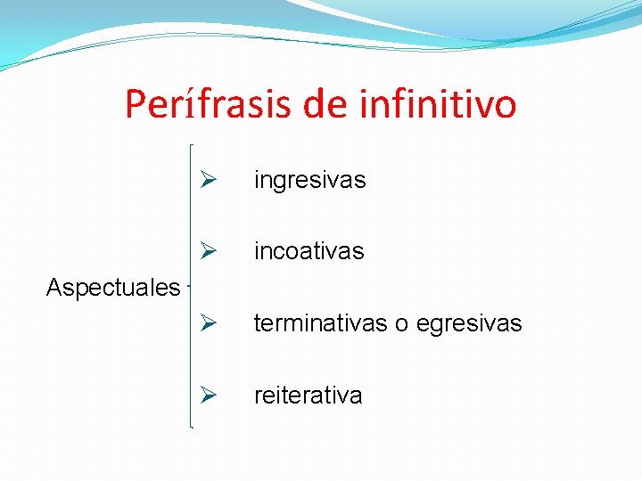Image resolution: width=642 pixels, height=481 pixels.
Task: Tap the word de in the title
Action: [325, 104]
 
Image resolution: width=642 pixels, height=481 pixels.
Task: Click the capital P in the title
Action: [136, 104]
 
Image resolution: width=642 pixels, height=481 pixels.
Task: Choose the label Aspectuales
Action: [112, 287]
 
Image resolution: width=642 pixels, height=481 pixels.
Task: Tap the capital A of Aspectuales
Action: [53, 287]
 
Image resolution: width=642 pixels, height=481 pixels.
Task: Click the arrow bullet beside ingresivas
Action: [209, 180]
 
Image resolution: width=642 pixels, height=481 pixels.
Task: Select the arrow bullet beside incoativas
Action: [209, 251]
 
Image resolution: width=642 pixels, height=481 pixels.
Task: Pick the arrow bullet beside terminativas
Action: [209, 322]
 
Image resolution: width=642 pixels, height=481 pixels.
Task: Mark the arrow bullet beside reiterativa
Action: [209, 395]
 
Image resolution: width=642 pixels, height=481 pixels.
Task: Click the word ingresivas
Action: [309, 180]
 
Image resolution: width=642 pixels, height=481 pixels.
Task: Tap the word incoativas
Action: [309, 251]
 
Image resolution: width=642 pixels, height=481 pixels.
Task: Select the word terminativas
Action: [320, 322]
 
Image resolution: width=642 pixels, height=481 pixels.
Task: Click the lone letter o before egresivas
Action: [401, 323]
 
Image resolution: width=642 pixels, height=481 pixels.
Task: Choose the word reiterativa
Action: [308, 395]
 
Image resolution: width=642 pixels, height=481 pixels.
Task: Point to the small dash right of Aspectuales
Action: [188, 287]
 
